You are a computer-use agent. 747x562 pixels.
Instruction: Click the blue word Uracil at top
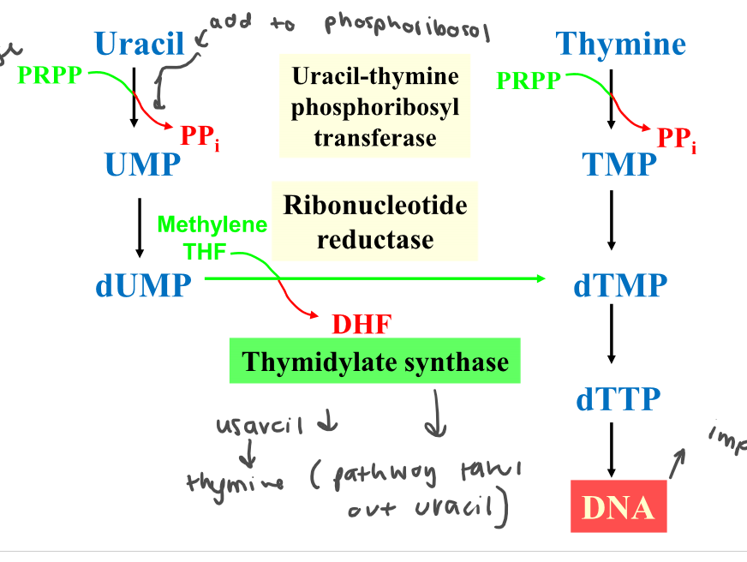point(140,43)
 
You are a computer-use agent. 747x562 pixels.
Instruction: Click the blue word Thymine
point(620,43)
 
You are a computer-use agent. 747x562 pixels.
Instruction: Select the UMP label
point(143,163)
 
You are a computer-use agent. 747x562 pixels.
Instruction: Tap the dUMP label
point(143,284)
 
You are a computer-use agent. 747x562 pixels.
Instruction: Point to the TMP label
point(619,163)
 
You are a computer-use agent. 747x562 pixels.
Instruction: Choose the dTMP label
point(619,284)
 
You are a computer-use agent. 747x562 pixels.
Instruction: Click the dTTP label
point(618,398)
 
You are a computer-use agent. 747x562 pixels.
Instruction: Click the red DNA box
point(618,507)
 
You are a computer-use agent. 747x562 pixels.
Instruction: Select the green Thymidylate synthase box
point(374,362)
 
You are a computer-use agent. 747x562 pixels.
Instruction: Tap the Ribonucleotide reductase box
point(374,221)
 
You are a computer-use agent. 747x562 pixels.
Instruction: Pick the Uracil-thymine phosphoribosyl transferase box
point(374,106)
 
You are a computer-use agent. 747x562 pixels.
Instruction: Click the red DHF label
point(361,325)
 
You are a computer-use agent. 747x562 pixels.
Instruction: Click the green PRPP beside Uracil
point(50,75)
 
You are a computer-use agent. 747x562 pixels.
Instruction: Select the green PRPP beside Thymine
point(529,81)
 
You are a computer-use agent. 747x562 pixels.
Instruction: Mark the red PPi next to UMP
point(200,135)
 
